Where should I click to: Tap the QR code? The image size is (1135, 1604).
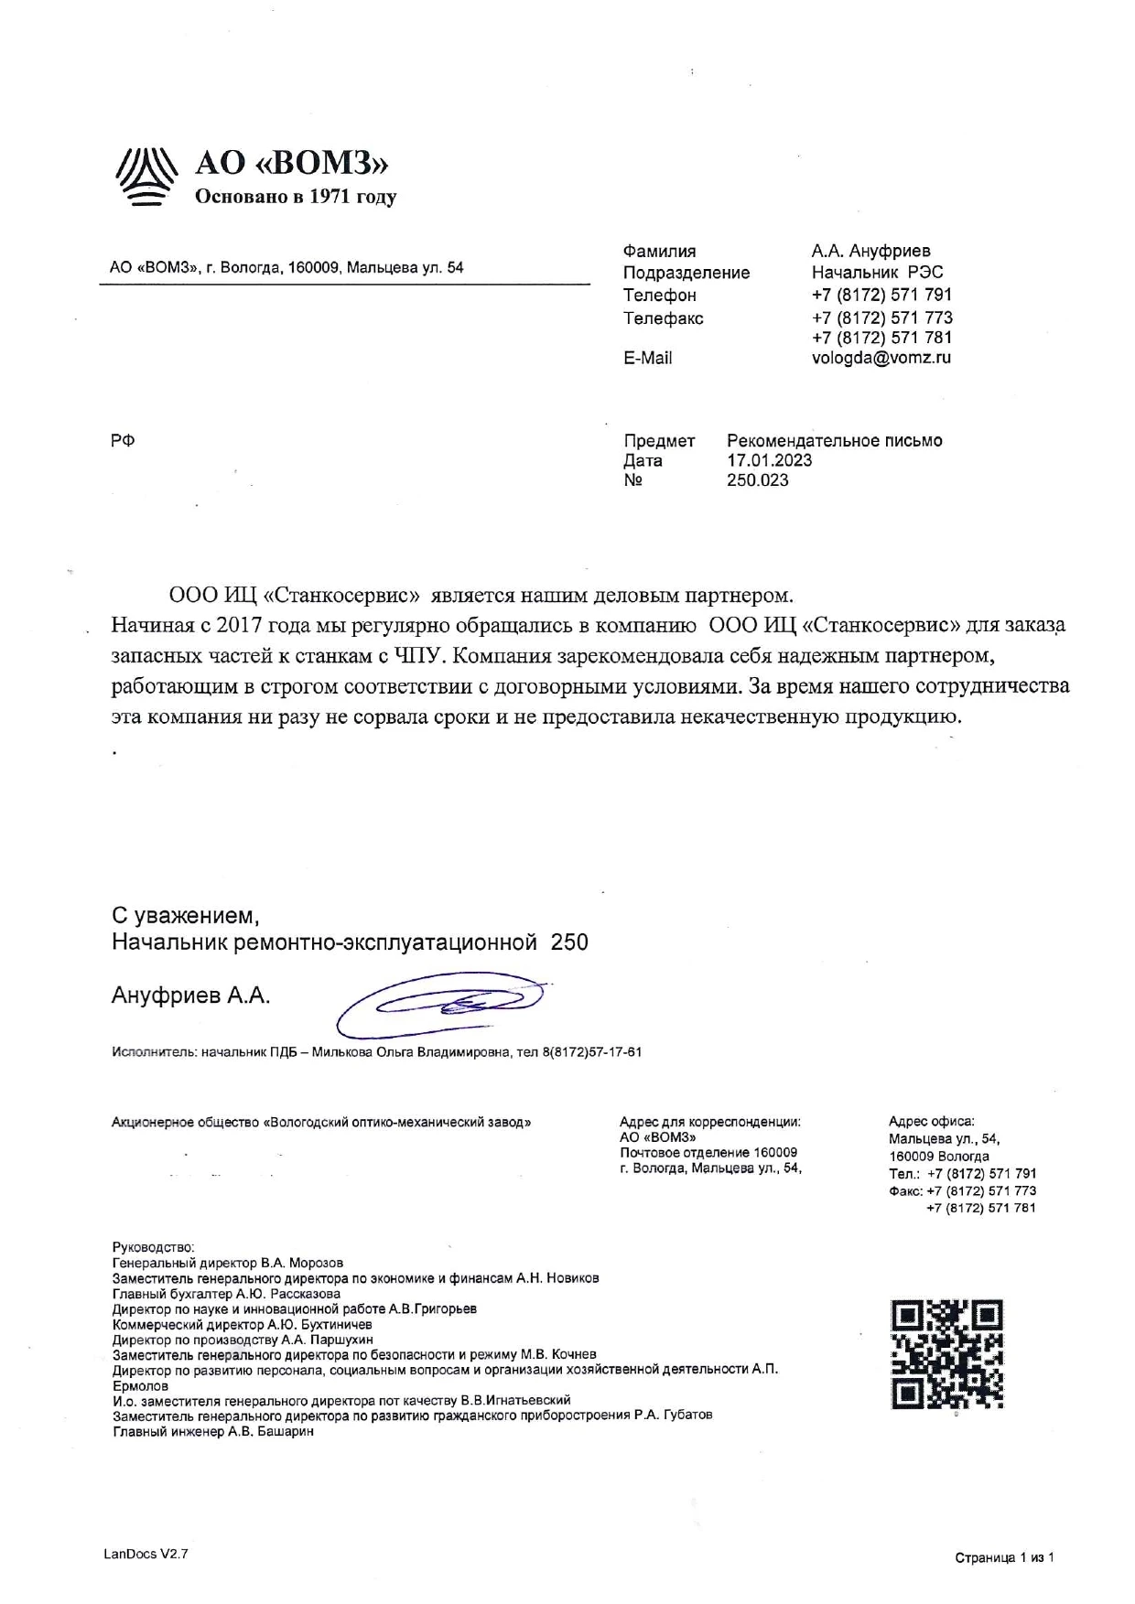click(947, 1354)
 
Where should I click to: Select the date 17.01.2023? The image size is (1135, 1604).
click(769, 460)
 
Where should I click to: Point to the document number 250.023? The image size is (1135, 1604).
click(757, 480)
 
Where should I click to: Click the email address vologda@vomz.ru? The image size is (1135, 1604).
click(881, 358)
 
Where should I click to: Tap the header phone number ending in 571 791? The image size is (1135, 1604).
click(881, 295)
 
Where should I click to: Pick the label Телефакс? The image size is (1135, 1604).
click(663, 318)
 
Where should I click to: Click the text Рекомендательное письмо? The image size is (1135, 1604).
click(834, 441)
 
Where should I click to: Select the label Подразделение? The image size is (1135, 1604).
click(686, 273)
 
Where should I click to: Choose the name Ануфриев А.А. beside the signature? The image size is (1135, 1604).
click(190, 996)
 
